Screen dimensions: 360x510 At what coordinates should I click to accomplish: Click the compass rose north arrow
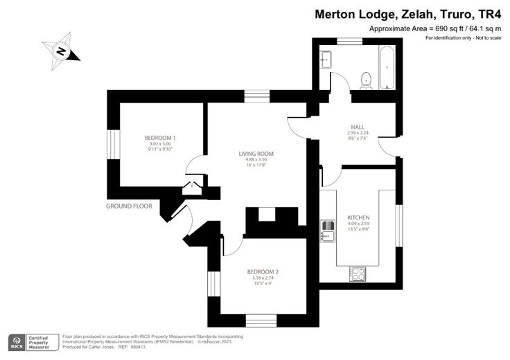click(61, 51)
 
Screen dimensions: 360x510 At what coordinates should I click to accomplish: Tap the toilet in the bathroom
click(366, 80)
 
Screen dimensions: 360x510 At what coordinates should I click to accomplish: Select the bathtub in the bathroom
click(386, 67)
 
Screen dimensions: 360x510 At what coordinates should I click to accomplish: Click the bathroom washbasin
click(326, 61)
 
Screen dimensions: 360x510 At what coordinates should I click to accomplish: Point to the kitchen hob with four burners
click(358, 273)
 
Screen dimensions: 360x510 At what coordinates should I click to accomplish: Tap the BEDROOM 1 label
click(159, 137)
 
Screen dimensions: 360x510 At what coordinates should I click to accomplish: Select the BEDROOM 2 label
click(262, 271)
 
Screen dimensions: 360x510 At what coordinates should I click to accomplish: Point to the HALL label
click(358, 127)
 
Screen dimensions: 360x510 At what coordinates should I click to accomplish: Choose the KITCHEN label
click(358, 217)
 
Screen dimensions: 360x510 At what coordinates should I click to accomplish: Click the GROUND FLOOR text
click(129, 206)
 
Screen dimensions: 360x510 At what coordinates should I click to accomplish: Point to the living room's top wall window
click(257, 96)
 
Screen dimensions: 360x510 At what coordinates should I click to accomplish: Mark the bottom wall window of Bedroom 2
click(261, 321)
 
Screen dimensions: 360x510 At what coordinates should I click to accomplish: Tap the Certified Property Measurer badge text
click(42, 341)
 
